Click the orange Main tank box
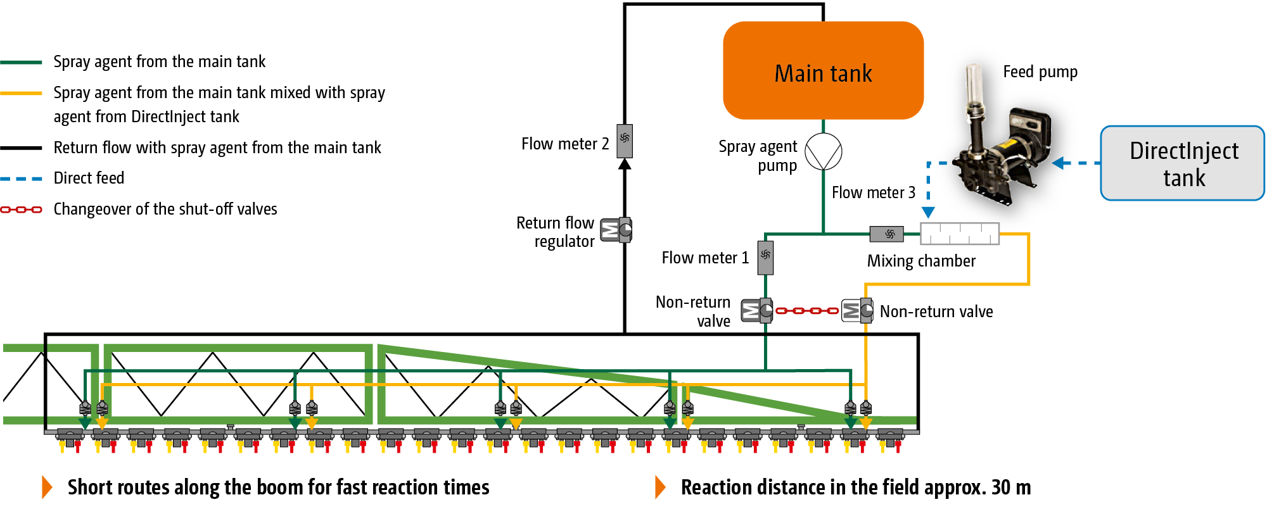(823, 70)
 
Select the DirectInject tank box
(1183, 163)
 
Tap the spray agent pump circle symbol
(824, 151)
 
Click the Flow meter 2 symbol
(625, 141)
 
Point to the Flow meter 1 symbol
(765, 257)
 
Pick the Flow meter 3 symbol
(887, 234)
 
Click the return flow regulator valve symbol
(616, 230)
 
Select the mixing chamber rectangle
(960, 234)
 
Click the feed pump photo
(1004, 136)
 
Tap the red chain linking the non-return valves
(807, 311)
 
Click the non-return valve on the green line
(758, 310)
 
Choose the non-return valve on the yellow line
(857, 310)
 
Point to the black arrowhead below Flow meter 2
(625, 164)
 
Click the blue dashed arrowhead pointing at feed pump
(1059, 163)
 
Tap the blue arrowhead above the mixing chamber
(928, 212)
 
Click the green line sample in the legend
(21, 62)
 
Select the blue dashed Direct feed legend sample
(21, 179)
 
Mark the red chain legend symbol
(21, 210)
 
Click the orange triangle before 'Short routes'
(47, 487)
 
